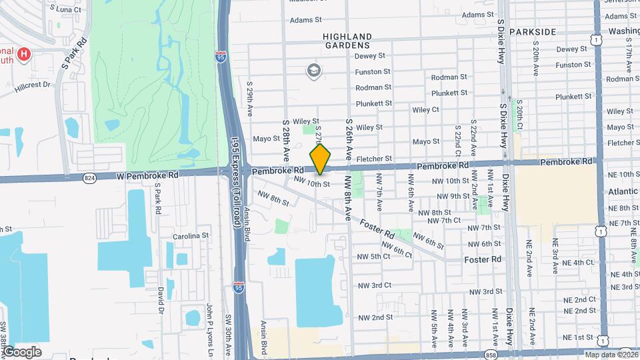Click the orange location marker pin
pos(321,159)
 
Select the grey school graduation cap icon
pos(313,69)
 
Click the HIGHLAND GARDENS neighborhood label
pos(347,41)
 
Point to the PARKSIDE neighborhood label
pos(532,32)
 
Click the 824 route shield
pos(89,177)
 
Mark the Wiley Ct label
pos(425,109)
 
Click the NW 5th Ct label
pos(373,256)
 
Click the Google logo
pos(22,351)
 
